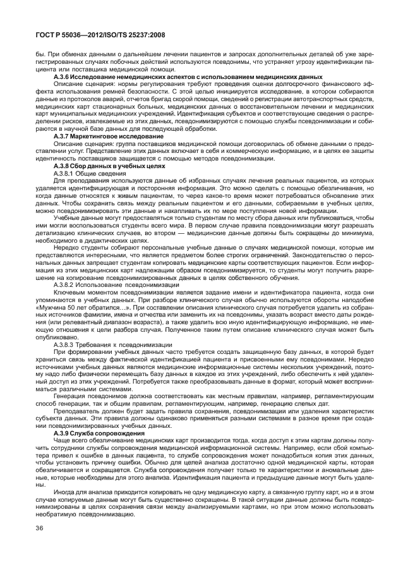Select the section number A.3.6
[x=63, y=76]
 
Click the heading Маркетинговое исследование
[x=109, y=136]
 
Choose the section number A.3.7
[x=63, y=136]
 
